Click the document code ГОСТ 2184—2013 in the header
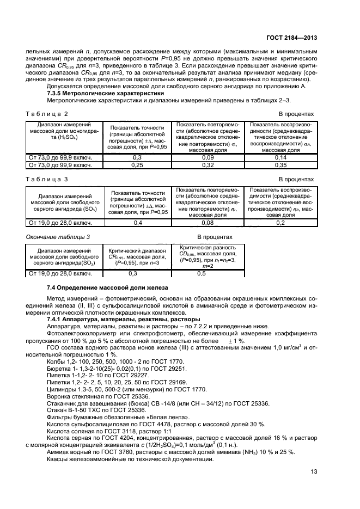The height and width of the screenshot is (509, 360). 291,38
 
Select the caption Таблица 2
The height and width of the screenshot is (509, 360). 47,114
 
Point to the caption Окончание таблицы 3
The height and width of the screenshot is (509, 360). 58,237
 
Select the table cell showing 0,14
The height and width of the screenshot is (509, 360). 280,157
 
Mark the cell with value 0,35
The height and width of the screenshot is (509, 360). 280,164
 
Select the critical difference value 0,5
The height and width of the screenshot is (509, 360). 201,273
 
